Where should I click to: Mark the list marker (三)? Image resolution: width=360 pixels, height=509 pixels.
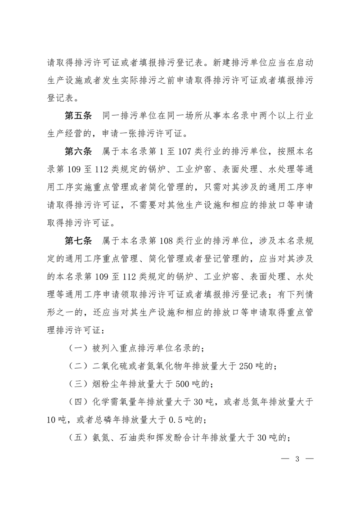pos(78,384)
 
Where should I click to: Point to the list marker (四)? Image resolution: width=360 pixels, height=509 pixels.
pos(78,402)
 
